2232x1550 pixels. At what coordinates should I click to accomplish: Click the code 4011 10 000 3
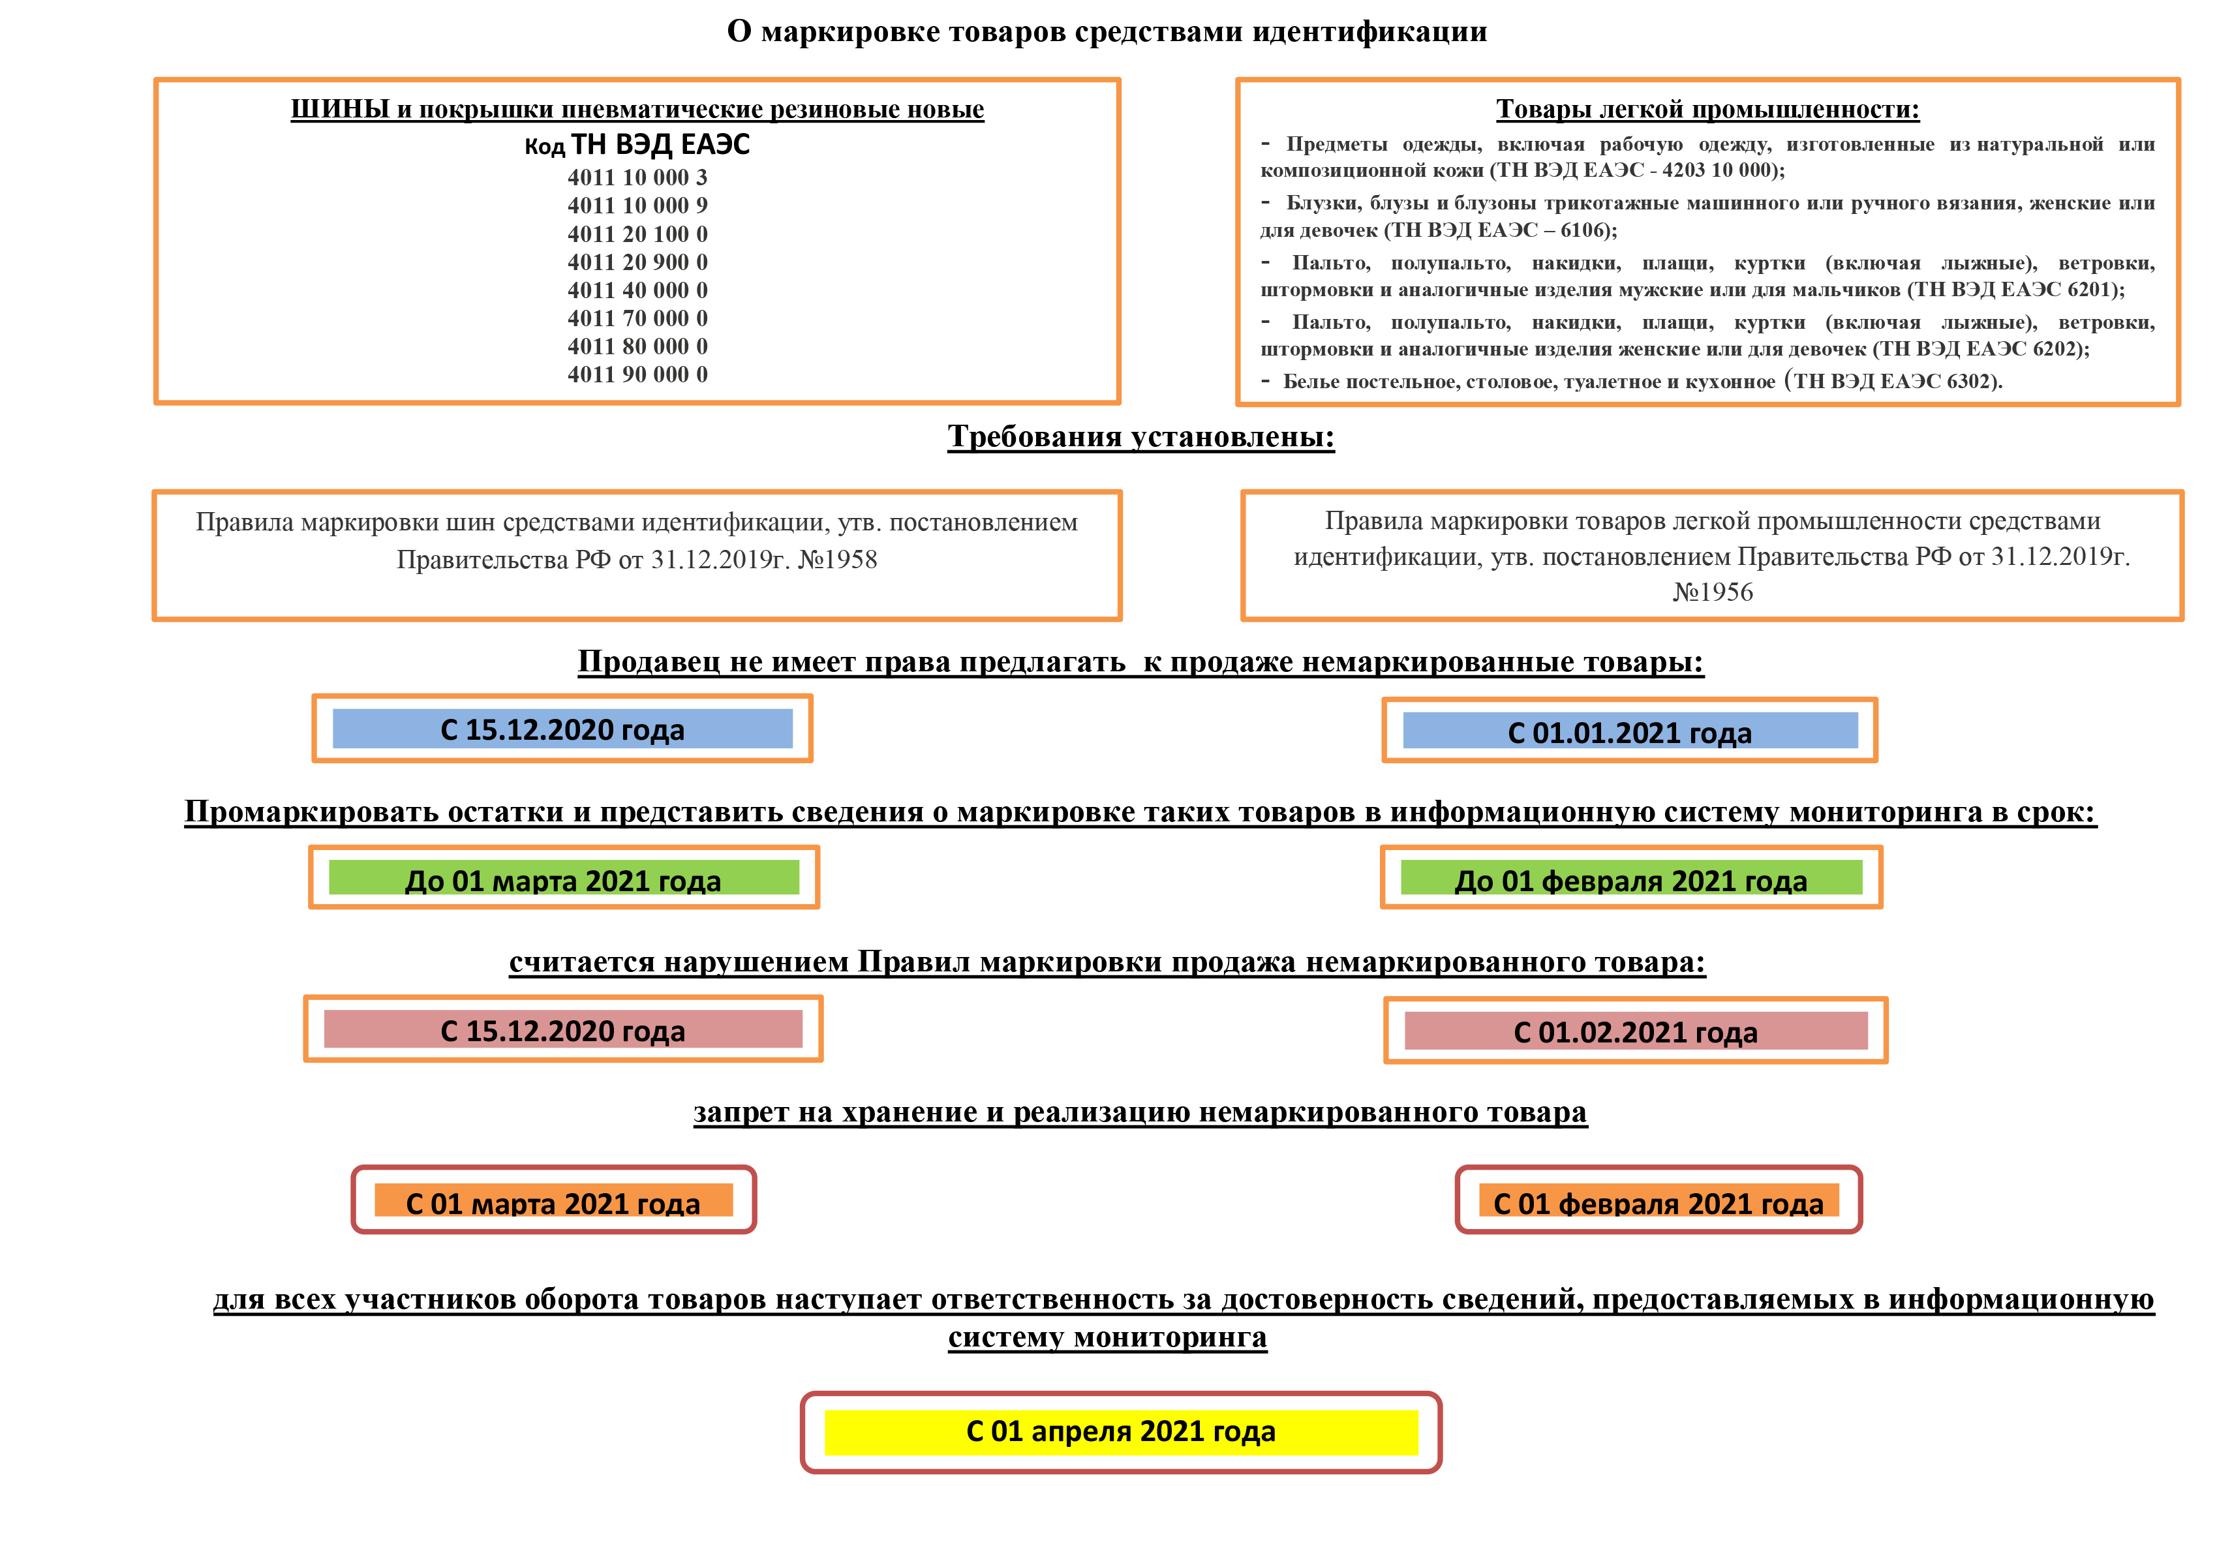click(x=637, y=177)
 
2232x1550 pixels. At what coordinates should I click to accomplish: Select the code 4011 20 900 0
click(x=637, y=262)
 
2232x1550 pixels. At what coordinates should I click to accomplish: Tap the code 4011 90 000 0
click(x=637, y=375)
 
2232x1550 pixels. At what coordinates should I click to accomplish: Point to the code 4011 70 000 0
click(x=637, y=318)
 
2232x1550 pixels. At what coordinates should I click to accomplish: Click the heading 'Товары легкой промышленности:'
click(x=1707, y=110)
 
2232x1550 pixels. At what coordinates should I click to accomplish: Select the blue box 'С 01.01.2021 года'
click(x=1629, y=732)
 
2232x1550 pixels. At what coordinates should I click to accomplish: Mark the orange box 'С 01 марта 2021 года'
click(x=553, y=1202)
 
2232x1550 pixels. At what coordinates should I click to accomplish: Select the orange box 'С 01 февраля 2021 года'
click(x=1658, y=1202)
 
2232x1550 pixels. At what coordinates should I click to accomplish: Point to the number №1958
click(x=836, y=560)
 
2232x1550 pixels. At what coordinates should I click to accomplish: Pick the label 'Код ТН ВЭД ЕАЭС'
click(x=637, y=145)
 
